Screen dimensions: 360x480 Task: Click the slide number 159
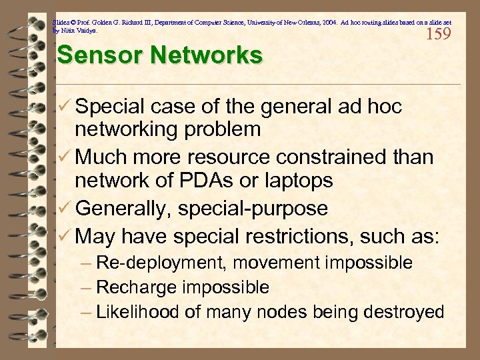[438, 33]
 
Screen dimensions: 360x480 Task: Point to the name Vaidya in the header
[87, 31]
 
